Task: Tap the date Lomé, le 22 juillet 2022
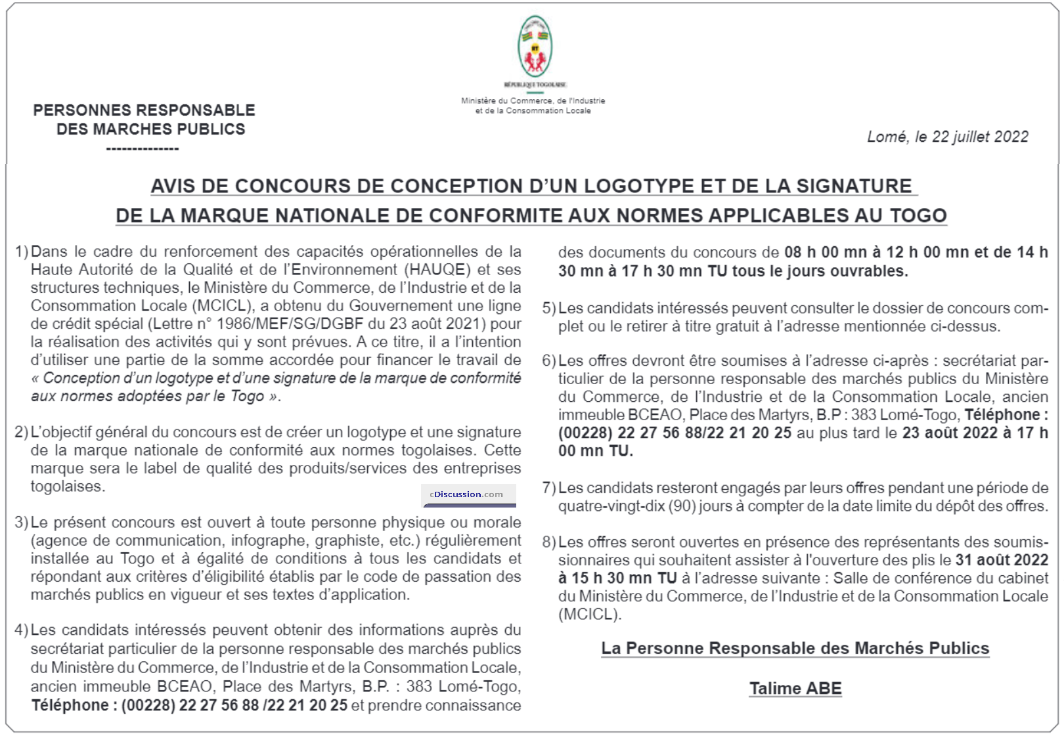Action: point(947,137)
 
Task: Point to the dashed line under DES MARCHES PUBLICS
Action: point(143,149)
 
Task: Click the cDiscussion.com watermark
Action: point(468,494)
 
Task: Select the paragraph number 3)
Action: point(21,523)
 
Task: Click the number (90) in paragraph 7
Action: point(682,506)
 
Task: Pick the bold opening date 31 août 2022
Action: point(1002,560)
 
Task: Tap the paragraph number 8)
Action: point(549,542)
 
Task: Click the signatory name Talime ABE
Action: point(795,688)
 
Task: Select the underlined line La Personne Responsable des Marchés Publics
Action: point(795,648)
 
